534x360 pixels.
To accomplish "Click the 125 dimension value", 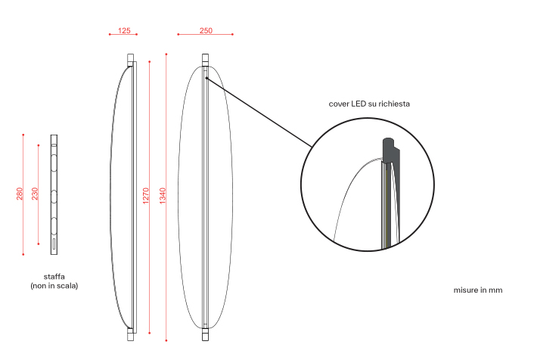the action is (x=124, y=31).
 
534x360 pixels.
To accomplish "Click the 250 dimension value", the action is (x=206, y=31).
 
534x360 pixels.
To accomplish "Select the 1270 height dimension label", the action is (x=146, y=196).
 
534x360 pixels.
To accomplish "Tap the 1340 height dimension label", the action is (x=163, y=196).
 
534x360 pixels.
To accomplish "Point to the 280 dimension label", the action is (x=20, y=194).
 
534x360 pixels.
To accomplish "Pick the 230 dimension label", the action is (x=35, y=194).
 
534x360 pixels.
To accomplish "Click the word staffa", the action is (x=54, y=277).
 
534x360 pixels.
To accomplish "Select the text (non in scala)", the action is (x=54, y=286).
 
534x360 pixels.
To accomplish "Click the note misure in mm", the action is (x=478, y=290).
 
